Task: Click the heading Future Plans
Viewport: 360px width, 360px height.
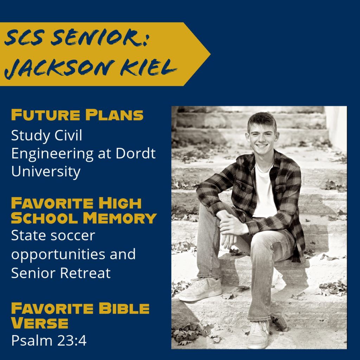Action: [x=77, y=115]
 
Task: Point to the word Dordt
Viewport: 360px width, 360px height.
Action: [x=135, y=153]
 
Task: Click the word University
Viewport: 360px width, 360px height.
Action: [x=46, y=172]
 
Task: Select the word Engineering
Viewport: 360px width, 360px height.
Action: [x=52, y=154]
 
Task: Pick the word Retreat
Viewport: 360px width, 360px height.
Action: [x=85, y=273]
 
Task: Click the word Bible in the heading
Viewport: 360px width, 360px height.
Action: [x=124, y=308]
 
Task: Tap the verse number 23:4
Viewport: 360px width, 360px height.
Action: [x=72, y=340]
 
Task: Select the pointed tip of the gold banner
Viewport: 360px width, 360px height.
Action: [x=210, y=54]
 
